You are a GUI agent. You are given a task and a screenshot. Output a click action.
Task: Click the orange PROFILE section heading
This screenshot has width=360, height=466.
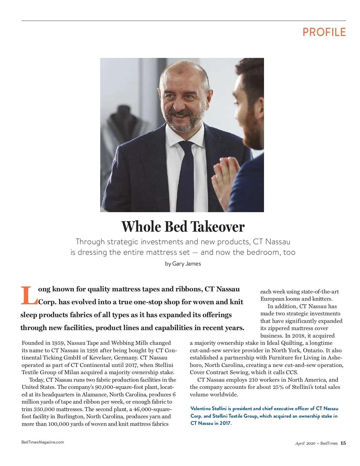coord(324,32)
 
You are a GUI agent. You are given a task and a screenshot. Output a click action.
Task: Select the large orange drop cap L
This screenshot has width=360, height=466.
coord(28,296)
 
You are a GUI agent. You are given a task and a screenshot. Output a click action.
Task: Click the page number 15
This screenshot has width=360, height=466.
coord(343,443)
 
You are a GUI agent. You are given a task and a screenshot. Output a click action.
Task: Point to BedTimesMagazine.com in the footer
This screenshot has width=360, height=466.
coord(43,442)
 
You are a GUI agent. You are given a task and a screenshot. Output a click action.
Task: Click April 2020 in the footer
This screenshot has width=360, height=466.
coord(305,443)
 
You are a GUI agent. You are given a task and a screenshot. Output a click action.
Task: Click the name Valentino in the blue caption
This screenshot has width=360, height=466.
coord(200,409)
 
